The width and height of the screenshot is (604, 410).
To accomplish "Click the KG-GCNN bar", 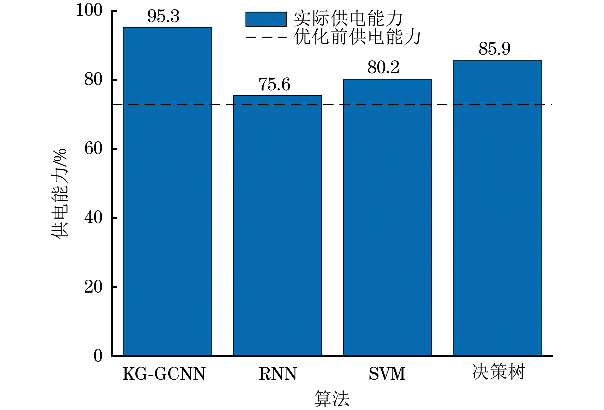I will coord(167,191).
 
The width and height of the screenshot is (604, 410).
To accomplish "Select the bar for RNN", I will coord(277,225).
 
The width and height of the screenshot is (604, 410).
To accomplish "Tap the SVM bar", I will coord(387,217).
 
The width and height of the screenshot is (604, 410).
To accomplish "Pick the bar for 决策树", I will coord(498,208).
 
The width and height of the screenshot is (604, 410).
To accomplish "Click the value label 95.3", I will coord(164,16).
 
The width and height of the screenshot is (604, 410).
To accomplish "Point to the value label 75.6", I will coord(274,85).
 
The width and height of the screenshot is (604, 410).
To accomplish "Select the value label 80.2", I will coord(383,68).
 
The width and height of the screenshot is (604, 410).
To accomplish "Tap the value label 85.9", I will coord(494,49).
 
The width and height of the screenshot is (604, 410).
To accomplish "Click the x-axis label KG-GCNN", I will coord(164,374).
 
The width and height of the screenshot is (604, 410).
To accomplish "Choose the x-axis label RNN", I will coord(278,374).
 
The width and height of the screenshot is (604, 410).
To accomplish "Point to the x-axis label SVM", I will coord(387,374).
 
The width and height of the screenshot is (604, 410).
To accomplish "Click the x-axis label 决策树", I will coord(498,372).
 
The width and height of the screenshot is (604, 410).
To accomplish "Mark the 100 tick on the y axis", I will coord(89,10).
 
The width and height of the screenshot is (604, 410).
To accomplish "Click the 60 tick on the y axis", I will coord(93,149).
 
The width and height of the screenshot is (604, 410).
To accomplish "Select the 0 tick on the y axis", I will coord(98,356).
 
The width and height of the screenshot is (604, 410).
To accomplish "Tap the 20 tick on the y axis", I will coord(93,287).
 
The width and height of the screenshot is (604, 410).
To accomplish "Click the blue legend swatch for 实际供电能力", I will coord(266,19).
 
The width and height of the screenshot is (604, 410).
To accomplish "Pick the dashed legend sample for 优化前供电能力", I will coord(266,37).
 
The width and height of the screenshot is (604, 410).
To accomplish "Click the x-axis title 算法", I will coord(332,399).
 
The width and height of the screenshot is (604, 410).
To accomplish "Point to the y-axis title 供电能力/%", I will coord(59,193).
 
